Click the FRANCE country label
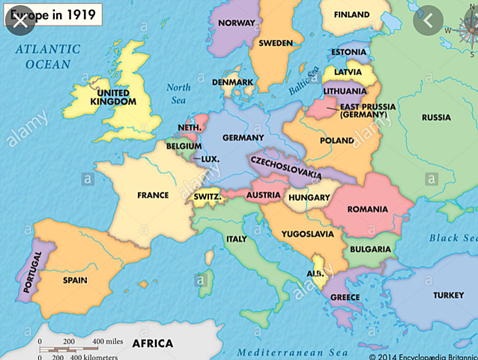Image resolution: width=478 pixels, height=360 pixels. click(x=153, y=195)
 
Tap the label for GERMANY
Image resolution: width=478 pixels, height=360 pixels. click(x=243, y=138)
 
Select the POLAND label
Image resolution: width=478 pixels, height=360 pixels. click(x=336, y=140)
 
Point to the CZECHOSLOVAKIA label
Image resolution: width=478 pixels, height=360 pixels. click(x=285, y=167)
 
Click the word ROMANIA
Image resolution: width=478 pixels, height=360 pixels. click(x=367, y=209)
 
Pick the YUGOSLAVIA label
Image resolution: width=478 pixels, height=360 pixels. click(x=307, y=234)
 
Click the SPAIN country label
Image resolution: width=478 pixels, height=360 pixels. click(x=75, y=280)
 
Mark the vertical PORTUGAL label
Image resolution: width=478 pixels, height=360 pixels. click(x=30, y=271)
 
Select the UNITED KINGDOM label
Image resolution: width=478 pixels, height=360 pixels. click(x=113, y=97)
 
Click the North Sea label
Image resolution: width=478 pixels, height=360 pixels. click(x=178, y=92)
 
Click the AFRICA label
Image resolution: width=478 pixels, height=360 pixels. click(x=152, y=343)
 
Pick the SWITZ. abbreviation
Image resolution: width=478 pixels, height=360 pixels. click(x=207, y=197)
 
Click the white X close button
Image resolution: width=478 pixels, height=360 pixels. click(x=21, y=20)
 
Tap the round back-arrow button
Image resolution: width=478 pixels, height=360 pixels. click(x=428, y=21)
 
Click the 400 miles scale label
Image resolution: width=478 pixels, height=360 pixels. click(x=107, y=342)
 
